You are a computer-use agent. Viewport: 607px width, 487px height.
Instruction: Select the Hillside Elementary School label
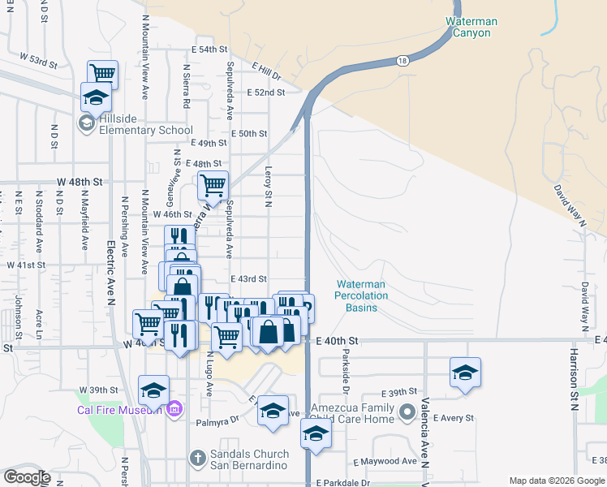(x=146, y=130)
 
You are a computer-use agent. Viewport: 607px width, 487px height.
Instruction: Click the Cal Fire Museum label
(x=119, y=410)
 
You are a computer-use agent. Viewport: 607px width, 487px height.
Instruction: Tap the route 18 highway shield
(x=403, y=61)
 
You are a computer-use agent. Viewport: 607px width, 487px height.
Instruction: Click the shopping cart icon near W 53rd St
(x=102, y=73)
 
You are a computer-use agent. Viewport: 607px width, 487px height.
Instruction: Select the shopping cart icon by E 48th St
(x=213, y=184)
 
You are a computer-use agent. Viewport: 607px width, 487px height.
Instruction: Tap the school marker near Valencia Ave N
(x=465, y=373)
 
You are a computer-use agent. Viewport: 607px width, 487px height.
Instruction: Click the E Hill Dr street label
(x=265, y=71)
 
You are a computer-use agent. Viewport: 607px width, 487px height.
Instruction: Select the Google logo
(x=26, y=477)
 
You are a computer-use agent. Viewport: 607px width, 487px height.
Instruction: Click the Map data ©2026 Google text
(x=556, y=481)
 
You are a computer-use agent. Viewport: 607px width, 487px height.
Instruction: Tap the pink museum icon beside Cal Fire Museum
(x=174, y=410)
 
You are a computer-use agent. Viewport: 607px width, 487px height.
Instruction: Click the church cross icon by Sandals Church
(x=196, y=459)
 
